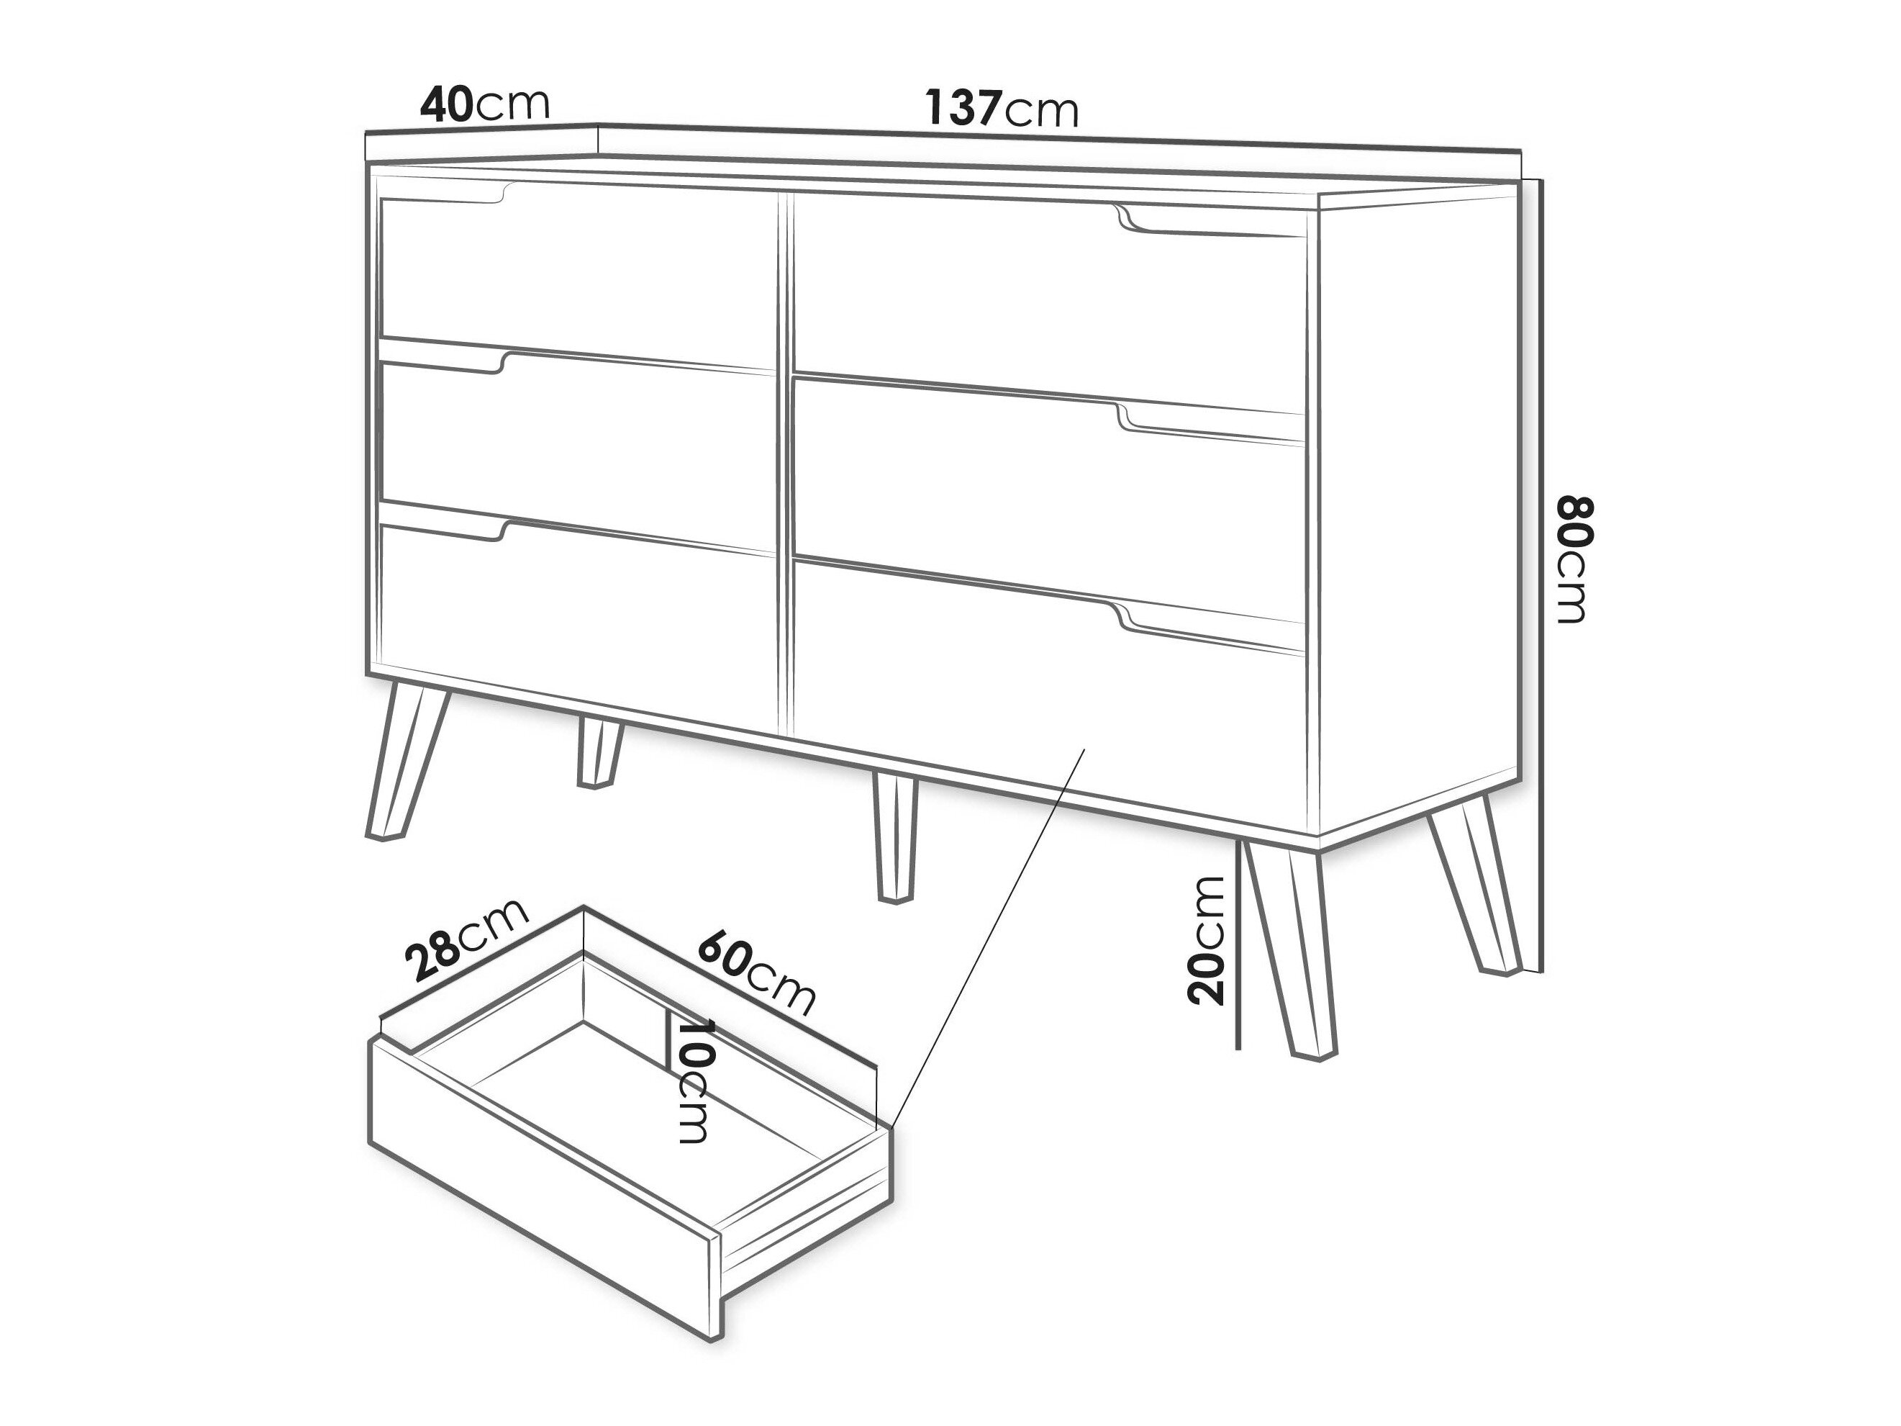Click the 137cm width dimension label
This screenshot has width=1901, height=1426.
(x=1001, y=108)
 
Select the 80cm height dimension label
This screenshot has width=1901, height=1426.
(x=1574, y=559)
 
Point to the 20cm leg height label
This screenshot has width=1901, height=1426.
(x=1205, y=940)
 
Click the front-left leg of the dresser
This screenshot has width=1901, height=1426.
(x=403, y=762)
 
